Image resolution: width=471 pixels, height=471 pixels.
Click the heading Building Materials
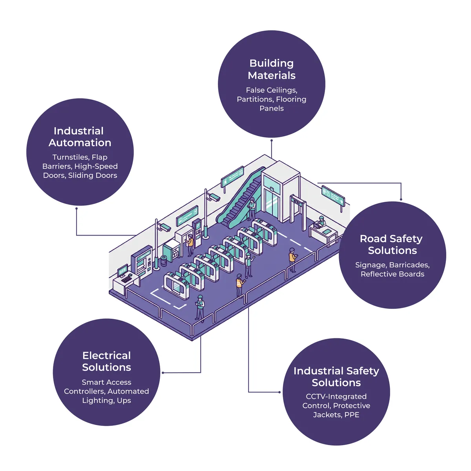272,69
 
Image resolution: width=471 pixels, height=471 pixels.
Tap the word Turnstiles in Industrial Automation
70,157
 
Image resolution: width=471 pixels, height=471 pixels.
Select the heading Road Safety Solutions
392,245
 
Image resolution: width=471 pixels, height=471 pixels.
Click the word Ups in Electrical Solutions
124,401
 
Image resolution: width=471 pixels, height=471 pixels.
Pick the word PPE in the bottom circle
352,415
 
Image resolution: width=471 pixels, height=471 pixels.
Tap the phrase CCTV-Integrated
336,397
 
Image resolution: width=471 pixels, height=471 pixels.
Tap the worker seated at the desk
321,222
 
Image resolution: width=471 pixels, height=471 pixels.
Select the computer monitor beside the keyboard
122,270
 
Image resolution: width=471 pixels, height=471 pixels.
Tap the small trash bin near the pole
164,261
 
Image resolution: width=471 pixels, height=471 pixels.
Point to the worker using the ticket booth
190,245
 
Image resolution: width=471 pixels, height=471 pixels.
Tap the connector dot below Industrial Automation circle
76,208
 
